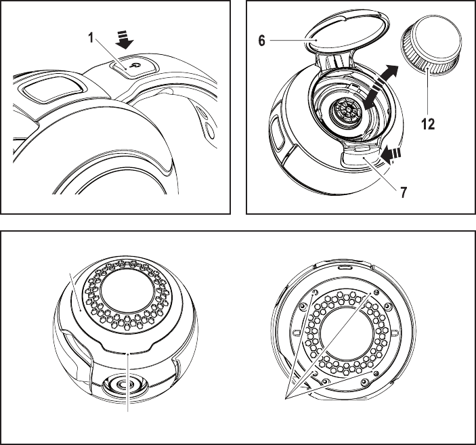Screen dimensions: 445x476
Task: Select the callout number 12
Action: (426, 125)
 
